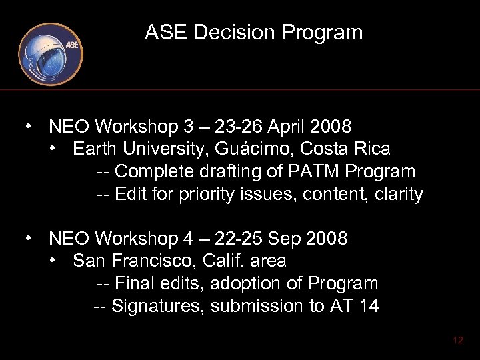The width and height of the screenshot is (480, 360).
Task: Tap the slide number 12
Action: click(x=457, y=340)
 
